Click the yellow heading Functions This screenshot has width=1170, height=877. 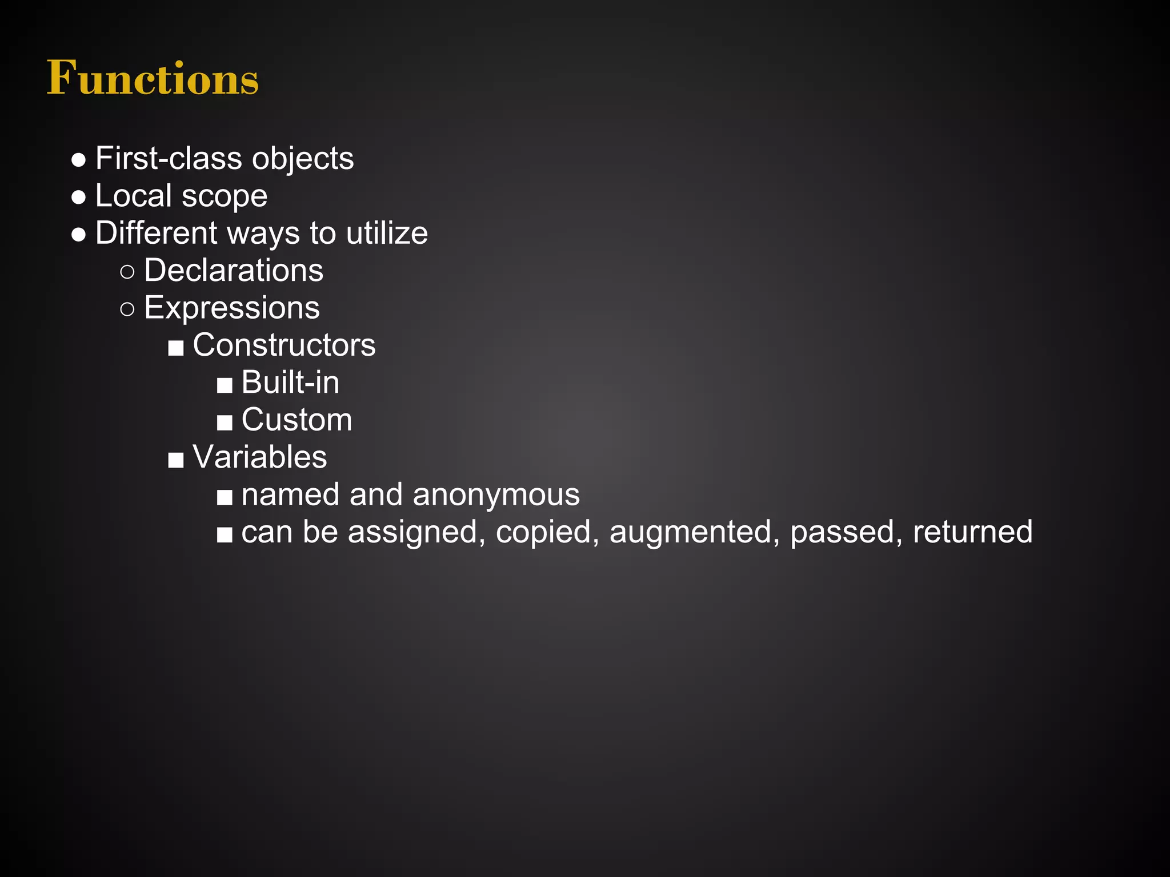click(153, 78)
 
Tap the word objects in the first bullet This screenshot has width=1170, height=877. click(303, 158)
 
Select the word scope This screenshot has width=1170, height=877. click(225, 196)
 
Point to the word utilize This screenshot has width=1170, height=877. click(387, 233)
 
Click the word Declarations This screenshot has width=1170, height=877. click(234, 270)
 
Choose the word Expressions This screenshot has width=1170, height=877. click(232, 308)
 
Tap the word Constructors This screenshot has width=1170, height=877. click(284, 345)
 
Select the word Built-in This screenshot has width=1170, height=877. click(290, 382)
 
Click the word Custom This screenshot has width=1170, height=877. click(296, 420)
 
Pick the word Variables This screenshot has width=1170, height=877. click(260, 457)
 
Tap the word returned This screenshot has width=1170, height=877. click(972, 532)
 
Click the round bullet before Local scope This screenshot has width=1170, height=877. click(79, 197)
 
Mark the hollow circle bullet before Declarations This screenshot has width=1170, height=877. click(127, 272)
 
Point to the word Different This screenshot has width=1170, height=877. click(157, 233)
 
